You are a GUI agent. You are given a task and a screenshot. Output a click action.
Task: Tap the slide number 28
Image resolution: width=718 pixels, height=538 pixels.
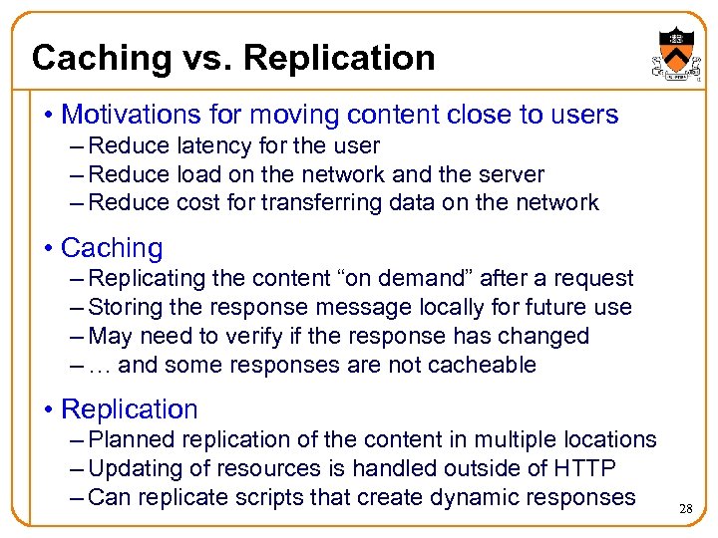[685, 508]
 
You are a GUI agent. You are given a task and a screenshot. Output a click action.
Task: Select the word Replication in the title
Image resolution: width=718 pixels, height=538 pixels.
[339, 58]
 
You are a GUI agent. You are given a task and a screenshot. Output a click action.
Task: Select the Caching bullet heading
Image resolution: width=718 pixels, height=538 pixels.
[111, 248]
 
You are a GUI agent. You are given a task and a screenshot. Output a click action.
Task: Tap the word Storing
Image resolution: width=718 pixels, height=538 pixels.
[126, 308]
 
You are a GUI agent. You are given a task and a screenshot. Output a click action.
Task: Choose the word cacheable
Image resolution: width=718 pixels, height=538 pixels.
[482, 366]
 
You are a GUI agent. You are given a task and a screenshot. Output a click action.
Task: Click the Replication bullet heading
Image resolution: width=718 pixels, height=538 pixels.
[129, 409]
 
